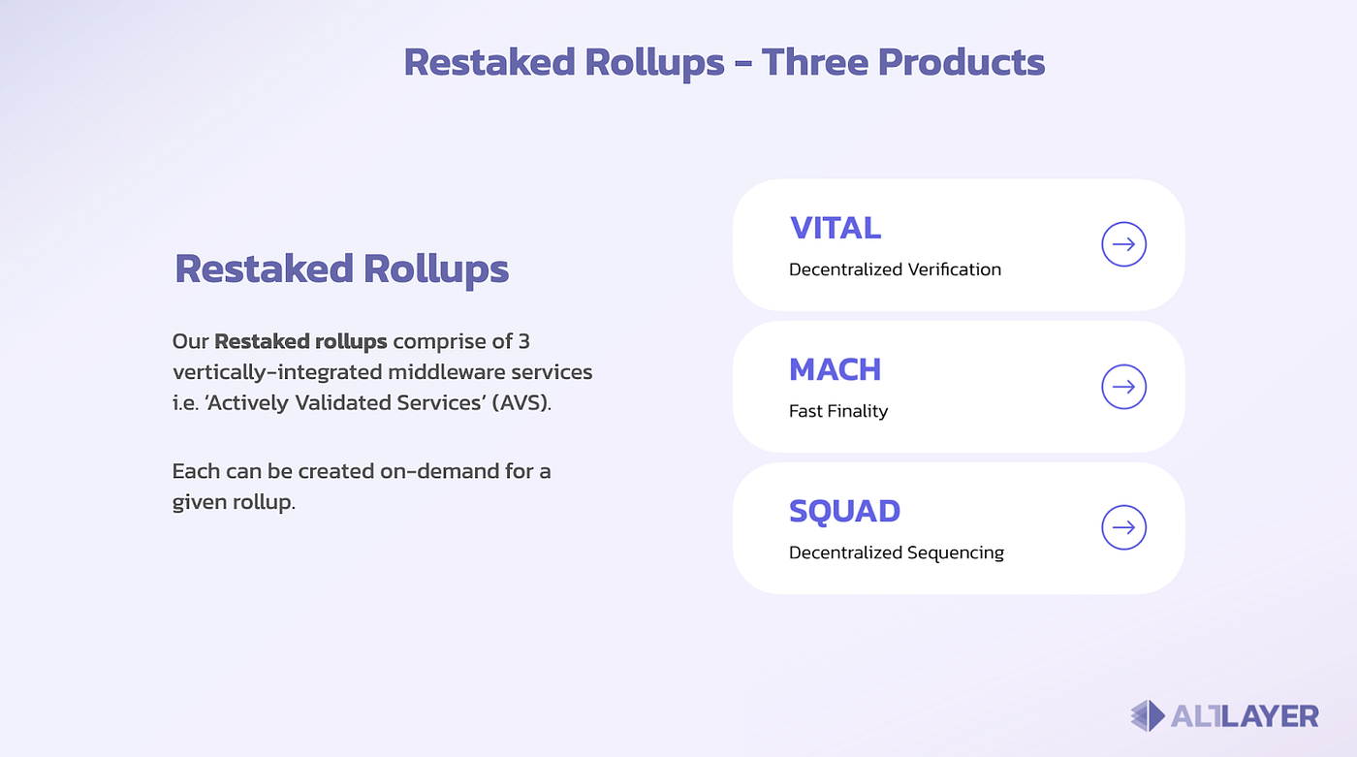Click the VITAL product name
coord(835,228)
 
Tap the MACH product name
coord(835,369)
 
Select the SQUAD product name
coord(844,511)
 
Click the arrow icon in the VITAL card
coord(1123,244)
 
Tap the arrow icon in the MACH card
coord(1123,387)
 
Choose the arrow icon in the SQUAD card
coord(1123,528)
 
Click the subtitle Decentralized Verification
coord(895,269)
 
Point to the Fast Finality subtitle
coord(838,411)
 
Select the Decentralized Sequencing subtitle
coord(897,552)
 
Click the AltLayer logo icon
coord(1148,716)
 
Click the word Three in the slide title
coord(812,62)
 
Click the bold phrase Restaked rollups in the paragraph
coord(300,341)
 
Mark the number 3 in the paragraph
coord(523,341)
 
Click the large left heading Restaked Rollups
coord(341,268)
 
